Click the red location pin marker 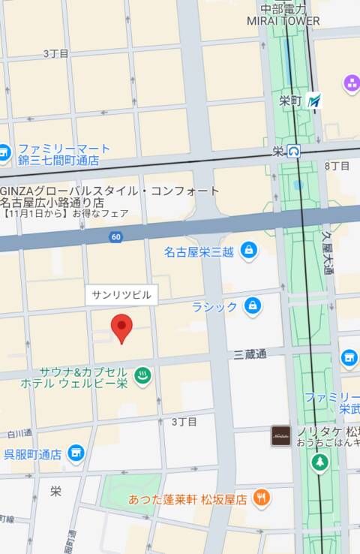coord(121,329)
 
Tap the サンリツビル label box coord(121,295)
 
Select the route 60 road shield coord(115,237)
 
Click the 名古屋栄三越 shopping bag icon coord(248,250)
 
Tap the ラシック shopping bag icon coord(253,306)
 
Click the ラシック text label coord(214,306)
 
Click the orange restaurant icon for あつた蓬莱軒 coord(261,496)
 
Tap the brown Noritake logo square coord(280,435)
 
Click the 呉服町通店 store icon coord(75,453)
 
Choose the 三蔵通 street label coord(250,354)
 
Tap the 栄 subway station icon coord(295,151)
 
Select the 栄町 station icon coord(314,101)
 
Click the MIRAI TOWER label coord(283,21)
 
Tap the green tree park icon coord(320,464)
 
